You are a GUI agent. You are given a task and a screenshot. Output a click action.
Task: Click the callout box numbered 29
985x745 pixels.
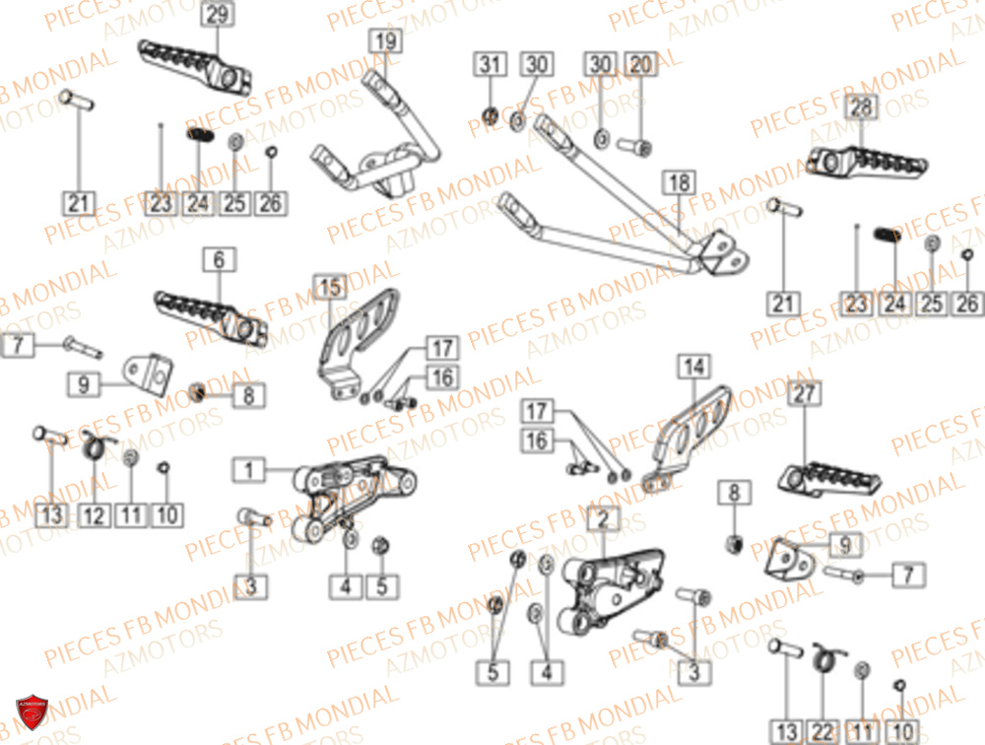point(217,15)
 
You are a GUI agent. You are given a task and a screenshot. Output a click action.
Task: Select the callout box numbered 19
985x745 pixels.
point(385,41)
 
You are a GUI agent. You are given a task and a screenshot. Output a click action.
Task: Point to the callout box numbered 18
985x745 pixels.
point(680,183)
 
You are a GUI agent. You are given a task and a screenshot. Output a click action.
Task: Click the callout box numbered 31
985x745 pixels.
point(490,66)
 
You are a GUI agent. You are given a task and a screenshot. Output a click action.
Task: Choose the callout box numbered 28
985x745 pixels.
point(861,107)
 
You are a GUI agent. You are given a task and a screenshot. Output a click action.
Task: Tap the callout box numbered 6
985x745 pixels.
point(219,260)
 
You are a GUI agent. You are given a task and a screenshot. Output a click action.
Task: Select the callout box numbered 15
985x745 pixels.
point(331,288)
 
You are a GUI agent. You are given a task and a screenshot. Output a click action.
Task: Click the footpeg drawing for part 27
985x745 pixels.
point(829,479)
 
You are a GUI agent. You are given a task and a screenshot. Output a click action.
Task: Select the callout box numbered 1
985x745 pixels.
point(249,471)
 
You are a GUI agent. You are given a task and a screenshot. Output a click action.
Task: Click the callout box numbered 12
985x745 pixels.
point(95,514)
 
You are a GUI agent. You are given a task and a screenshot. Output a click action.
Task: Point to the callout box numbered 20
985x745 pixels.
point(640,66)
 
